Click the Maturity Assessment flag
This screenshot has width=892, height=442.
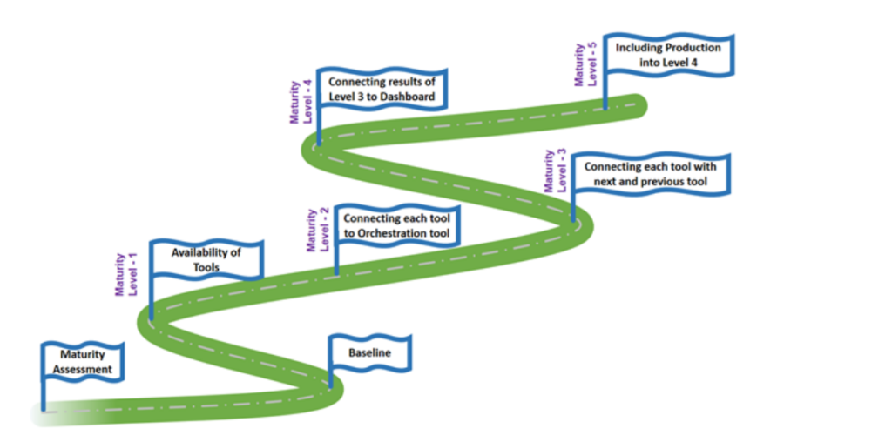coord(83,361)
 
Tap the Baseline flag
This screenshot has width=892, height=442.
coord(370,353)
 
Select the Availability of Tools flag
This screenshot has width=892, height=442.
coord(206,259)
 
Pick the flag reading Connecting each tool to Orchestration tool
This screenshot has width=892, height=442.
coord(396,225)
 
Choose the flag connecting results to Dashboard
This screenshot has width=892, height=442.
coord(382,89)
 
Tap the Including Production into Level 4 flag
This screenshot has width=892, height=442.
coord(669,55)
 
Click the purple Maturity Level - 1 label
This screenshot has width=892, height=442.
coord(127,274)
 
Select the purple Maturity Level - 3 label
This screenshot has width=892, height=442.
coord(555,171)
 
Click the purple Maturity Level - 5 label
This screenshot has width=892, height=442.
coord(586,64)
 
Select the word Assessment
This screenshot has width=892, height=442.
coord(83,369)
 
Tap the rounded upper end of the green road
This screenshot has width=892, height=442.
coord(639,104)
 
